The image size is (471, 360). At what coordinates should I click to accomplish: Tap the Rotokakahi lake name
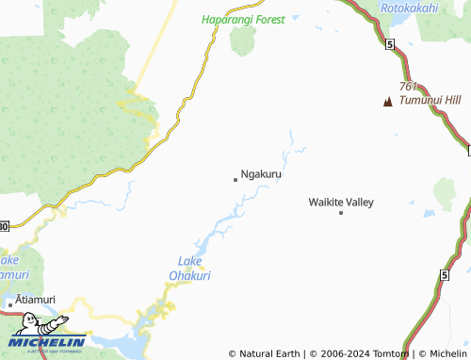pyautogui.click(x=409, y=8)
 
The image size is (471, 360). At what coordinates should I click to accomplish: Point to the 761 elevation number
pyautogui.click(x=409, y=86)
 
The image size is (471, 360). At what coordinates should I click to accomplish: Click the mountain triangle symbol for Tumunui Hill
pyautogui.click(x=387, y=101)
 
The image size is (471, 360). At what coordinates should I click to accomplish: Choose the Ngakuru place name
pyautogui.click(x=261, y=174)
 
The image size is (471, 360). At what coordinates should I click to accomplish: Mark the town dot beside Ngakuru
pyautogui.click(x=235, y=178)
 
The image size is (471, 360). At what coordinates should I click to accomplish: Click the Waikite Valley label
pyautogui.click(x=341, y=202)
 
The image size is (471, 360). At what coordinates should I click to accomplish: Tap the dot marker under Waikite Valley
pyautogui.click(x=341, y=213)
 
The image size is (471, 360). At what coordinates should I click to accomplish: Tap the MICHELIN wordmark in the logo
pyautogui.click(x=47, y=343)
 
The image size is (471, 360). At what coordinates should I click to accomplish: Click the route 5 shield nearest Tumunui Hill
pyautogui.click(x=388, y=44)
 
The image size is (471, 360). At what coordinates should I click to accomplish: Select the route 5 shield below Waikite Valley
pyautogui.click(x=442, y=274)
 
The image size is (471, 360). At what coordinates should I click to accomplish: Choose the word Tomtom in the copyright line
pyautogui.click(x=394, y=353)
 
